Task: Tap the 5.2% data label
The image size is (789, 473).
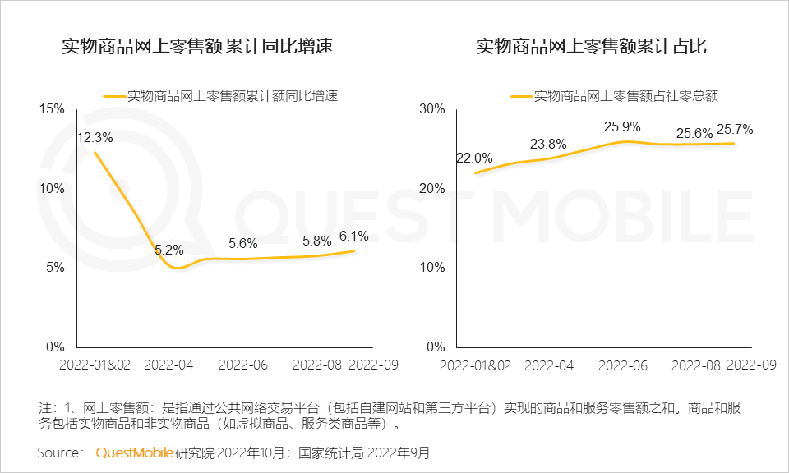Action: click(x=169, y=250)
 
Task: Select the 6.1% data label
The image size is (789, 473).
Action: click(x=353, y=236)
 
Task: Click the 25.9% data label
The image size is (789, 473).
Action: click(x=622, y=127)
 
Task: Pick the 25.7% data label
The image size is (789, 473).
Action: click(x=735, y=130)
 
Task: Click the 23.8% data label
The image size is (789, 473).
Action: click(x=548, y=145)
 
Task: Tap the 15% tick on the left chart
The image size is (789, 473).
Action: click(x=51, y=109)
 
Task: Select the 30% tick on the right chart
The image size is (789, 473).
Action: click(x=431, y=109)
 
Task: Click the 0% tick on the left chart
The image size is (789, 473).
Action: click(x=54, y=347)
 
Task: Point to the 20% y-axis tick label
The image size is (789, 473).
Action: click(x=431, y=188)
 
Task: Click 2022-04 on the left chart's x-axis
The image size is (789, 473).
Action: click(x=169, y=364)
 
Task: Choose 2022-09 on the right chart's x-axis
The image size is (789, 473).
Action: click(x=752, y=364)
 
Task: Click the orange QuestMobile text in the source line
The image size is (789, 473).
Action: click(x=135, y=452)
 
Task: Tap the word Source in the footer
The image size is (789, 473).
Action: click(x=60, y=452)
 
